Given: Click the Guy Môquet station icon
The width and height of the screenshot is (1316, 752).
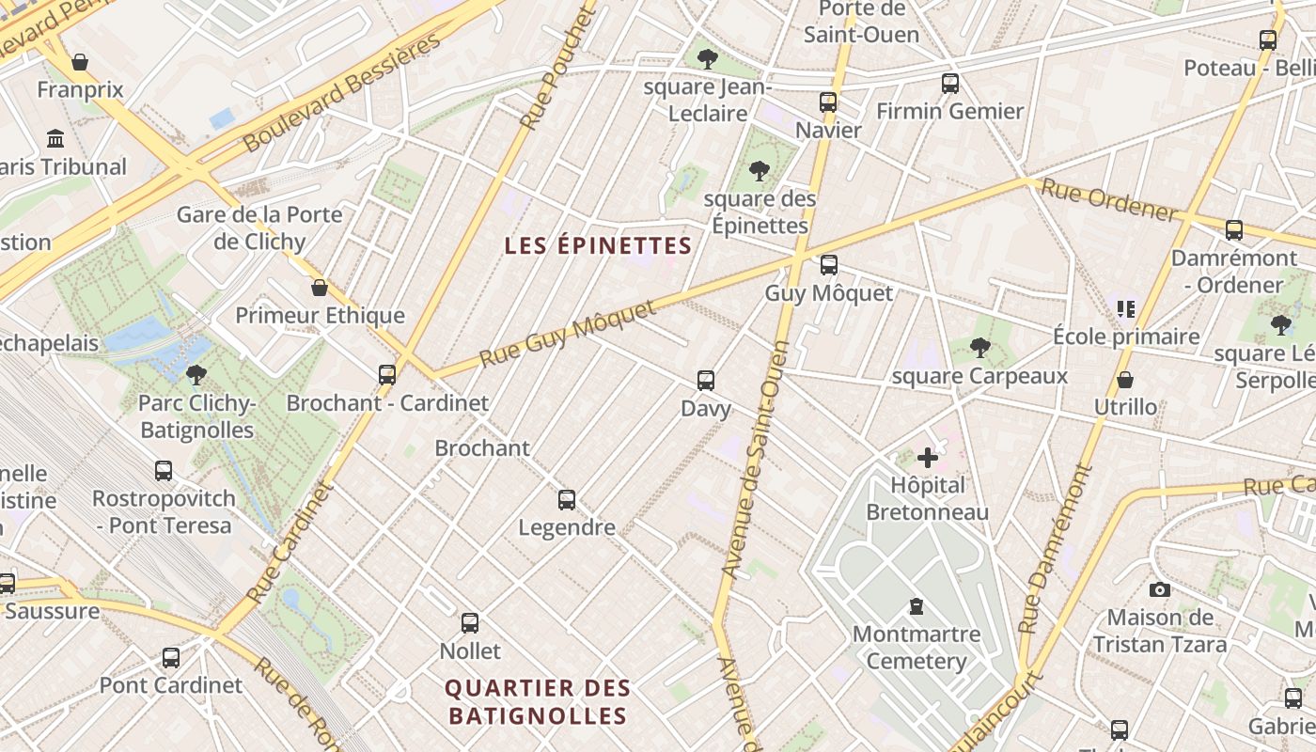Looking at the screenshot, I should [828, 265].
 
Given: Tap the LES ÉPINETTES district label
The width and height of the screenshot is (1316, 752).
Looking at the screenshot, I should [598, 246].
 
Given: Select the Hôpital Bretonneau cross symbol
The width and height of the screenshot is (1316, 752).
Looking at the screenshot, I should [928, 458].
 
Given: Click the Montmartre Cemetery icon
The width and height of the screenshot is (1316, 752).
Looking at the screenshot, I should [916, 606].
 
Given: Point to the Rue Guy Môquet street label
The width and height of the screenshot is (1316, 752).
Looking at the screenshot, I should [567, 335].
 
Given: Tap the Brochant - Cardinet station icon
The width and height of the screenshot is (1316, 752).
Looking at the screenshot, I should [387, 375].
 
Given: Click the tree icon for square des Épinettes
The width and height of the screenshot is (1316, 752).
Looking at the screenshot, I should [760, 171].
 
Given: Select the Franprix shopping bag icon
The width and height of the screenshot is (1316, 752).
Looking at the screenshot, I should [80, 62].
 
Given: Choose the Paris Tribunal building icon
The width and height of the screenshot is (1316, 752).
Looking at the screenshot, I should [55, 139].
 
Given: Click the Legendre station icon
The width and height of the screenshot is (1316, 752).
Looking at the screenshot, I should [567, 500].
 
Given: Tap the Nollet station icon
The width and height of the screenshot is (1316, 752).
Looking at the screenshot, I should [470, 622].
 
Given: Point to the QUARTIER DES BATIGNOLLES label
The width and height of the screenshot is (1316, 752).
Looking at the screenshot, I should [538, 701].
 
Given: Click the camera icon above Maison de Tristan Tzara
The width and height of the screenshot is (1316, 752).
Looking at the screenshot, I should [1160, 589].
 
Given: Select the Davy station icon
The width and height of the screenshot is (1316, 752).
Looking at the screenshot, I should [706, 381].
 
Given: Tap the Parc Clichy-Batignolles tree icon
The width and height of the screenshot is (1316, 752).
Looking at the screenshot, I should [196, 375].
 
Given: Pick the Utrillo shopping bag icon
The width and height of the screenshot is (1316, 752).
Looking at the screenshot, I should [1125, 380].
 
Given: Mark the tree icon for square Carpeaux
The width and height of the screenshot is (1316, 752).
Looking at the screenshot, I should [980, 348].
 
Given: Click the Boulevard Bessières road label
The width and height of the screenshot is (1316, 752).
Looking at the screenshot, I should [342, 94].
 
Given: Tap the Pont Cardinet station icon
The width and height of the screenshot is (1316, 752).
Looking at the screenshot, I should [171, 657].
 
